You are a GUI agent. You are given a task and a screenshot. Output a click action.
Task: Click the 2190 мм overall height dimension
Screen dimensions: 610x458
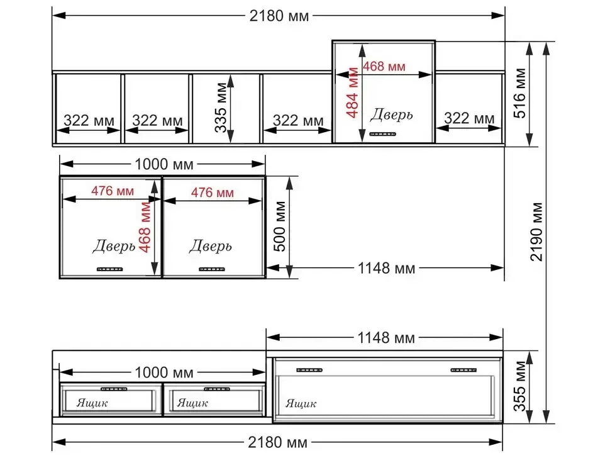click(536, 232)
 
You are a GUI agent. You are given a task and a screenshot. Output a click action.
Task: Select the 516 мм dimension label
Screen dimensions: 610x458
click(519, 93)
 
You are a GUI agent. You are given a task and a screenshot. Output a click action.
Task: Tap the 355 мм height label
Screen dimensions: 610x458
click(519, 386)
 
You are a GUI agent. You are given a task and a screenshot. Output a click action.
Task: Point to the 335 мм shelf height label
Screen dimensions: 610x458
click(221, 108)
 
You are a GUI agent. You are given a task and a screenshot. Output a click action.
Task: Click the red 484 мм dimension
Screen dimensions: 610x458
click(352, 92)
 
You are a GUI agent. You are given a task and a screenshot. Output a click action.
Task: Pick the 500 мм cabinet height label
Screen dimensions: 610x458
click(280, 226)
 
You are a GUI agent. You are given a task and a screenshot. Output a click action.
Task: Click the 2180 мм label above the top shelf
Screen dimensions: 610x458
click(279, 16)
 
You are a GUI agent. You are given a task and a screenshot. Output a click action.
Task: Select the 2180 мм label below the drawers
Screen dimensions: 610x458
click(277, 442)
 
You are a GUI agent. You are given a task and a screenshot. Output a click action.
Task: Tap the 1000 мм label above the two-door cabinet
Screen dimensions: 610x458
click(164, 164)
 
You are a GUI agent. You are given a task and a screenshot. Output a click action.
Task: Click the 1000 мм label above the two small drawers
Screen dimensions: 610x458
click(164, 372)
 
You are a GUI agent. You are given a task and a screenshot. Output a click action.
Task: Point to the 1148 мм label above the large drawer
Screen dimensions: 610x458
click(386, 338)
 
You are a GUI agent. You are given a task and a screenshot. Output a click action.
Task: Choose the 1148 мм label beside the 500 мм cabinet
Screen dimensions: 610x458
click(386, 268)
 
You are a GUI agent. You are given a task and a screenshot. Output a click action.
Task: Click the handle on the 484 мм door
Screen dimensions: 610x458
click(382, 134)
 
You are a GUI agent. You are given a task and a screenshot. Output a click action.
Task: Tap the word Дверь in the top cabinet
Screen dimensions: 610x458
click(391, 114)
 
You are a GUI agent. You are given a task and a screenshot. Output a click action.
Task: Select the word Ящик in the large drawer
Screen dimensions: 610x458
click(301, 403)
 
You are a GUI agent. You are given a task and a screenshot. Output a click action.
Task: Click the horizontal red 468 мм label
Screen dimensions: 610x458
click(384, 67)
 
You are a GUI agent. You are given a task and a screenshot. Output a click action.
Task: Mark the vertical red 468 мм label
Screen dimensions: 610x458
click(145, 227)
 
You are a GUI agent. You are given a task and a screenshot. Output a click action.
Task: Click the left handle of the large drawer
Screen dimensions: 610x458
click(309, 370)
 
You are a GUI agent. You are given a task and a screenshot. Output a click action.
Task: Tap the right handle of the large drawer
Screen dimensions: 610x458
click(463, 370)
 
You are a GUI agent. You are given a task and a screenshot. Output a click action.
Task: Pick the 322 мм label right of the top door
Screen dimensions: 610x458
click(469, 118)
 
